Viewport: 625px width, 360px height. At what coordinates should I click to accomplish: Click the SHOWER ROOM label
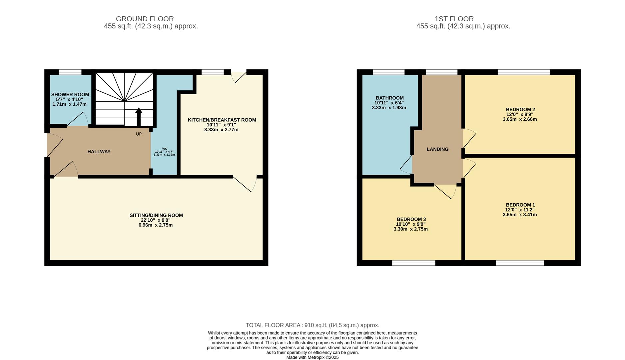70,95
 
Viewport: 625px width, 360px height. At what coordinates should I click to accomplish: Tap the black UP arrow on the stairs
139,117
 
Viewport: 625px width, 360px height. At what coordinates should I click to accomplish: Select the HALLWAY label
99,152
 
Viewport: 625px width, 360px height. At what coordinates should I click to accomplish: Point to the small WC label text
165,149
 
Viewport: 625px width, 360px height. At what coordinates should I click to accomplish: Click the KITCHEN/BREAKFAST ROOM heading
222,120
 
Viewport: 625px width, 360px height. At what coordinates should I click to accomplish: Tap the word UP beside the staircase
139,134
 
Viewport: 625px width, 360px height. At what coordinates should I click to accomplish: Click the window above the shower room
70,72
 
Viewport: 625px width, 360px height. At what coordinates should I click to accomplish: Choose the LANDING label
437,149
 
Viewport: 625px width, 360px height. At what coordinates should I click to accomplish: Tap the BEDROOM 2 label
520,109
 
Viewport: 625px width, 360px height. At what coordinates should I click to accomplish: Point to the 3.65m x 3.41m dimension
520,215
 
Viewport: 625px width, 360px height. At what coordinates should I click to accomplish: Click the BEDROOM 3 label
411,219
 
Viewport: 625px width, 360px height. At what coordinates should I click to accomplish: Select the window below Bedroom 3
413,263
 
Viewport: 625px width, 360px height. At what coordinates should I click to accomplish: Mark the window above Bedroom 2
524,72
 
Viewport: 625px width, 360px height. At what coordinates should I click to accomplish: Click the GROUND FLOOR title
145,19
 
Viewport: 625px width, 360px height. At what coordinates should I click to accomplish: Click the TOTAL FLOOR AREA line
312,325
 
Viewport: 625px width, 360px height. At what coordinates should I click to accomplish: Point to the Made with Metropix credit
312,357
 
